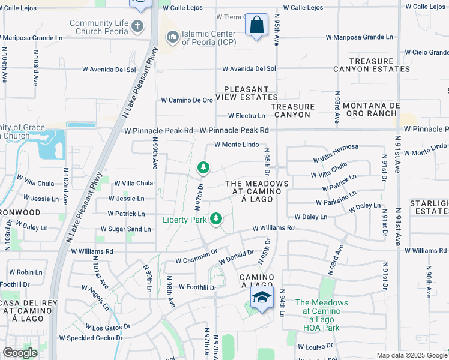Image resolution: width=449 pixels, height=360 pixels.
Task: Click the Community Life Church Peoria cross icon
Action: [137, 26]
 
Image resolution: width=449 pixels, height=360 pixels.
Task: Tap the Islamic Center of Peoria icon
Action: [173, 38]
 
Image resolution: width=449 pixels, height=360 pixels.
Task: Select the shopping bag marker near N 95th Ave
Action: [257, 25]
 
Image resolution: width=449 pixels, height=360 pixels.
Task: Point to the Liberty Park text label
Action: [185, 220]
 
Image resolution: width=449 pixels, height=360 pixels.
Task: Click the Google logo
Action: [20, 353]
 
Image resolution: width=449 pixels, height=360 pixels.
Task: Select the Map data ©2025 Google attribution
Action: [412, 356]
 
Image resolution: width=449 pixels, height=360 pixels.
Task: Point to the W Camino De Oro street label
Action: [187, 100]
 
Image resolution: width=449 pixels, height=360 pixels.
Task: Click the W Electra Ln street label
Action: [246, 116]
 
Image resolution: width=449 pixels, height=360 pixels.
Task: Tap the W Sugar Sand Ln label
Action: [125, 229]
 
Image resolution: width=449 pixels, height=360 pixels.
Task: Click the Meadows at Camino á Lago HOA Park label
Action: [321, 315]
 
